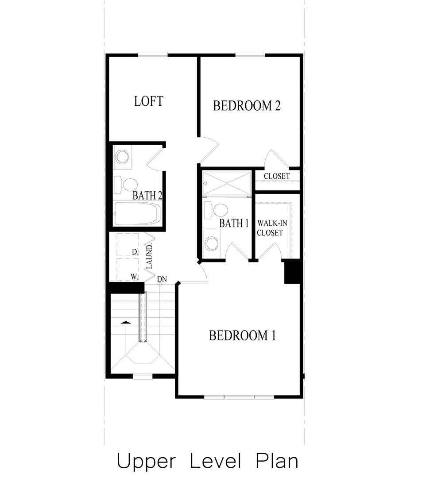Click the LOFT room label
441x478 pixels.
pyautogui.click(x=149, y=101)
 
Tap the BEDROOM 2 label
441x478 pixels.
pyautogui.click(x=247, y=106)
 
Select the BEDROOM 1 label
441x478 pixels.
pyautogui.click(x=242, y=335)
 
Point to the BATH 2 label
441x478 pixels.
pyautogui.click(x=147, y=195)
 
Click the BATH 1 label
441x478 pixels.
pyautogui.click(x=234, y=223)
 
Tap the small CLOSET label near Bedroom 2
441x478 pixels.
pyautogui.click(x=277, y=176)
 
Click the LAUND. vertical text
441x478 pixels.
pyautogui.click(x=150, y=255)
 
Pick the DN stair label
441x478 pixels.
pyautogui.click(x=162, y=279)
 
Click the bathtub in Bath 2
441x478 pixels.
pyautogui.click(x=136, y=215)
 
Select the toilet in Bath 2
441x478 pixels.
pyautogui.click(x=128, y=185)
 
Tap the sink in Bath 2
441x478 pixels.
pyautogui.click(x=122, y=157)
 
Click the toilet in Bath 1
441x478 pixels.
pyautogui.click(x=220, y=209)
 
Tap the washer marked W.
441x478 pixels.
pyautogui.click(x=127, y=270)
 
